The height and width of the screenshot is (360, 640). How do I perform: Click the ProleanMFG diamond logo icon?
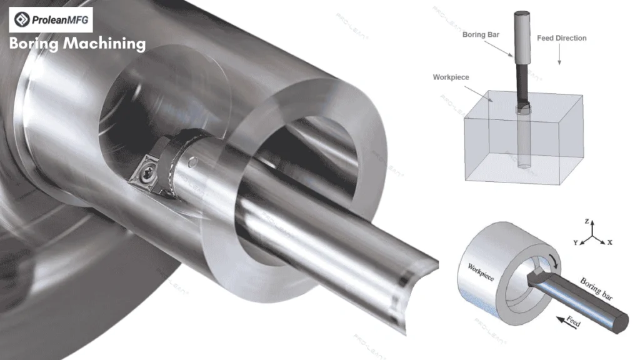(22, 19)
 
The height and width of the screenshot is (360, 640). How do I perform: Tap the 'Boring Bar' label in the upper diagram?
(481, 35)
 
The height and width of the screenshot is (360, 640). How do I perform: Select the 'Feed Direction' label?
(562, 38)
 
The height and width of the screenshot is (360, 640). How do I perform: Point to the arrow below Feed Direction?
(559, 54)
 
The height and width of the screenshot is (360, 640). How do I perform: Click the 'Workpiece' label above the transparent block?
(451, 77)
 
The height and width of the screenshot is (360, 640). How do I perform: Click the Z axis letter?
(587, 222)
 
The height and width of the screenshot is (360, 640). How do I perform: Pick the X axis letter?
(610, 242)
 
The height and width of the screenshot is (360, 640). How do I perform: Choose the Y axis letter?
(576, 243)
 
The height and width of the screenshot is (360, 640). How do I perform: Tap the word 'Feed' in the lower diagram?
(574, 321)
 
